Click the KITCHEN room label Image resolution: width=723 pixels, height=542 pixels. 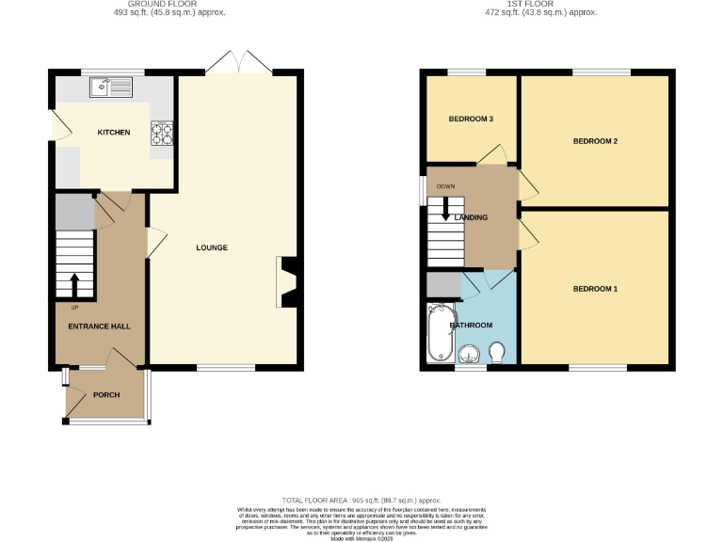coord(114,133)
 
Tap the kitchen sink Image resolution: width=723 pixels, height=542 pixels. coord(111,88)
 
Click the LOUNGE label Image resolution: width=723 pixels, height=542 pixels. coord(212,248)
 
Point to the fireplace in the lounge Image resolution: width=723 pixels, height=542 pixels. coord(287,282)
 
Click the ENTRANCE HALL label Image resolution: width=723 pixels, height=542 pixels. coord(99,327)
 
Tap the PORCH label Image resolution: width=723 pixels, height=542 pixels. coord(106,395)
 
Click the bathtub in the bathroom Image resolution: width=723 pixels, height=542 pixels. coord(441,333)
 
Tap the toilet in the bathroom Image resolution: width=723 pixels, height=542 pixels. coord(497,351)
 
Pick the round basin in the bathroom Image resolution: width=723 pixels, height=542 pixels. coord(470,354)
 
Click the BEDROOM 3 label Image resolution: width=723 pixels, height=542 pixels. coord(471,120)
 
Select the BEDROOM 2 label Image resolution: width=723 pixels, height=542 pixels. coord(595,141)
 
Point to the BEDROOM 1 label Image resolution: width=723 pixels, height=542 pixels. coord(595,289)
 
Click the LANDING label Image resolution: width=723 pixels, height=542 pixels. coord(471,218)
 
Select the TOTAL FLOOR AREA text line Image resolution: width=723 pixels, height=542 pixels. coord(361,501)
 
